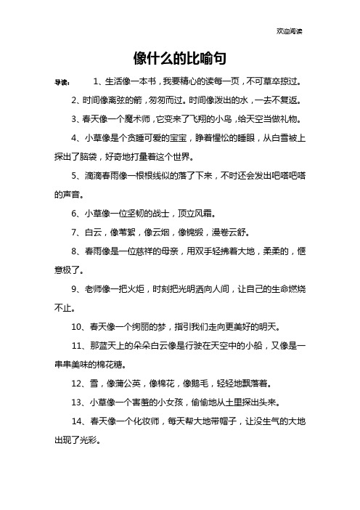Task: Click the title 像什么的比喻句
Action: click(x=180, y=58)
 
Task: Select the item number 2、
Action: click(x=79, y=100)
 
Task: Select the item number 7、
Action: click(x=79, y=232)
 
